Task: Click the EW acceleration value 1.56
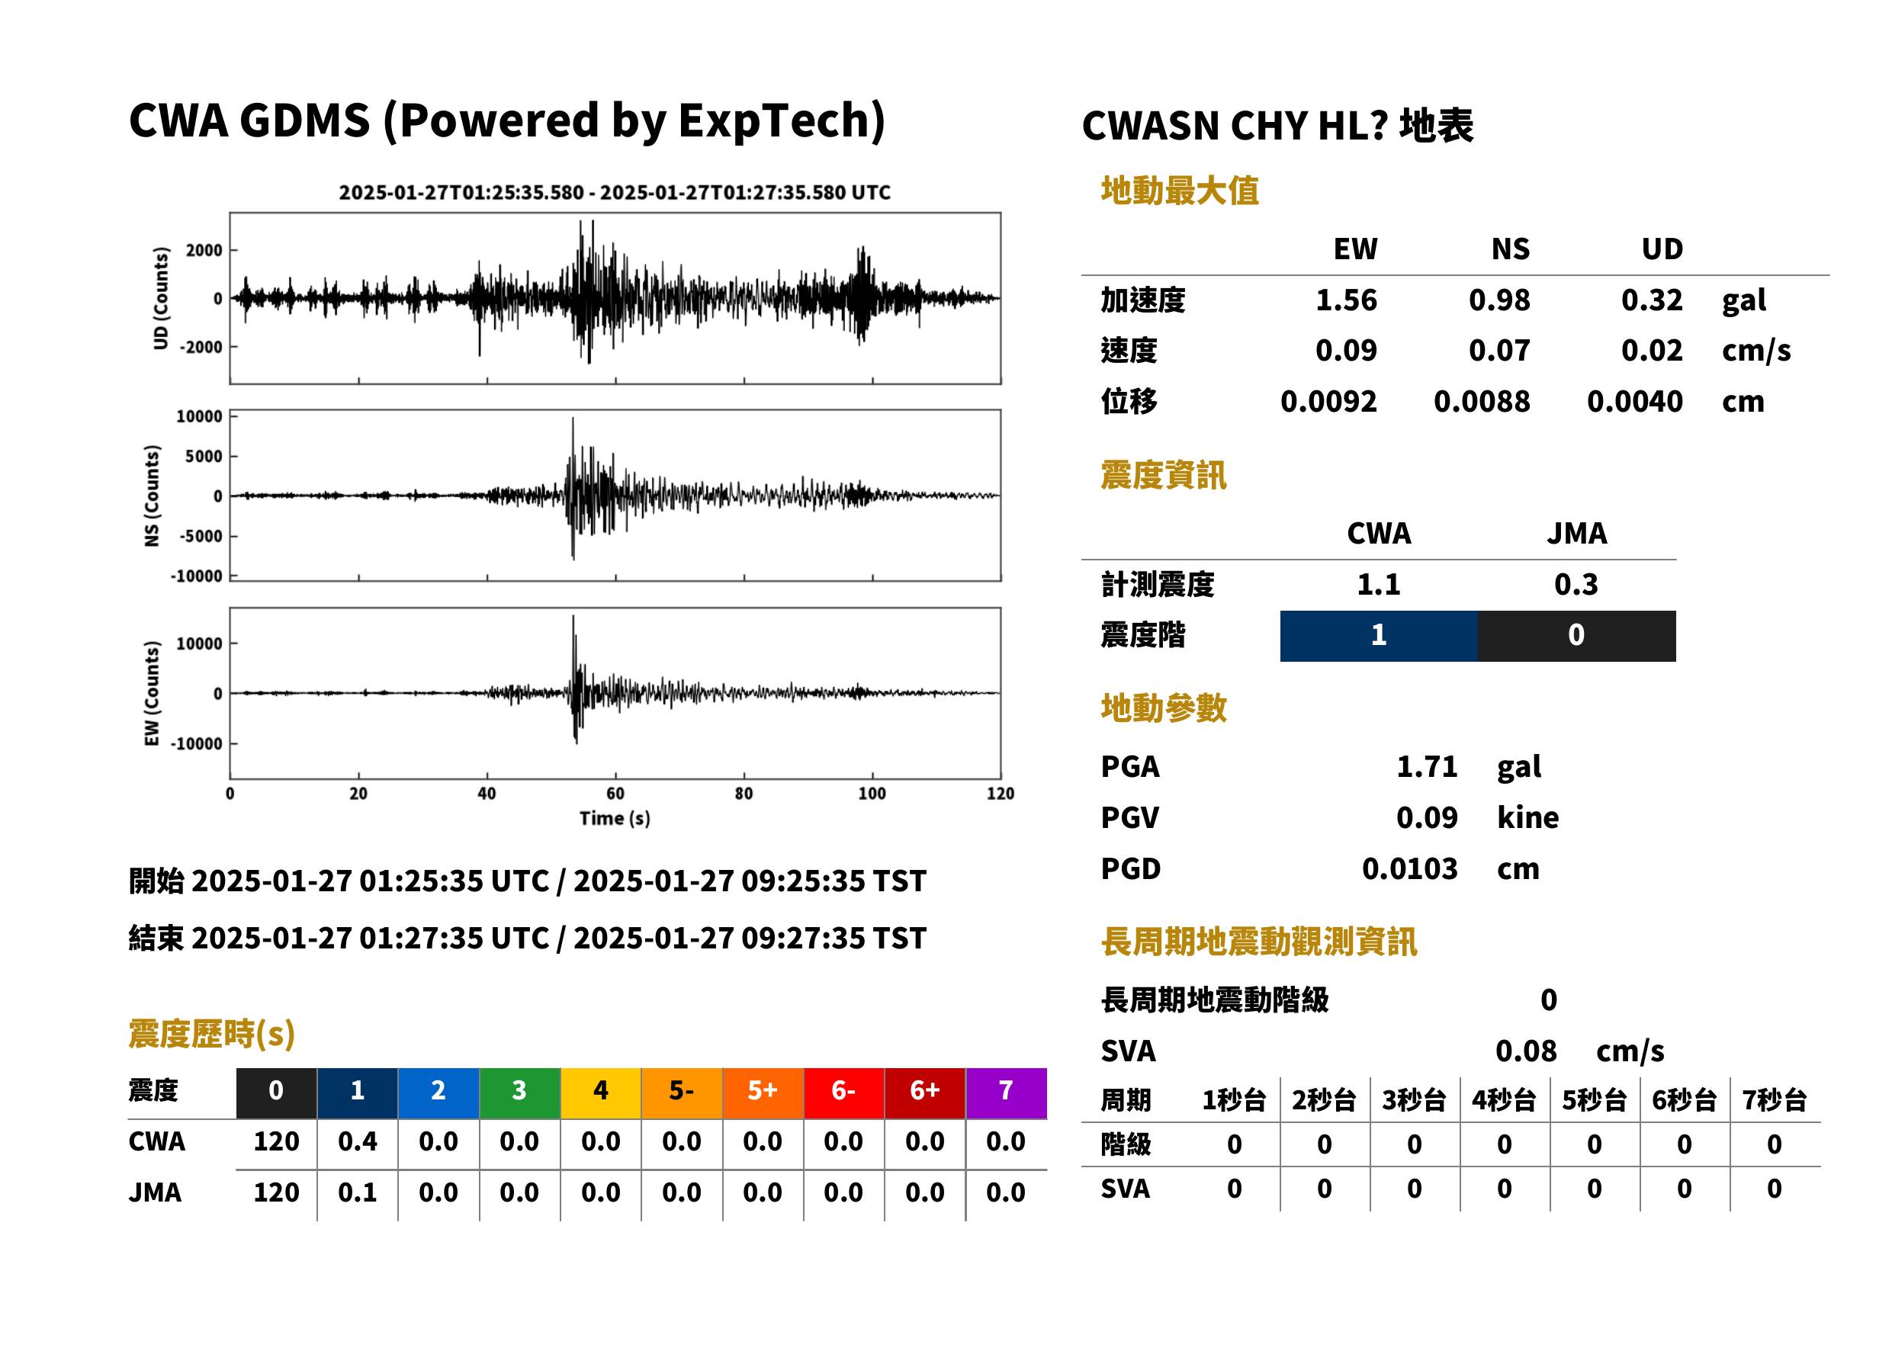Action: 1345,300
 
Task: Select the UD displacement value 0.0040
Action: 1634,401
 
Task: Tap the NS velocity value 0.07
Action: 1499,350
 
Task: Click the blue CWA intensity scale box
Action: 1379,636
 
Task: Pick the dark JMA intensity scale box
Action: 1577,636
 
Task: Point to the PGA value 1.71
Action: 1427,766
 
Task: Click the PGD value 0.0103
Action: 1409,868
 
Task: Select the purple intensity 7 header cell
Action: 1006,1093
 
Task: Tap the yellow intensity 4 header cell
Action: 601,1093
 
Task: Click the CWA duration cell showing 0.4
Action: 358,1141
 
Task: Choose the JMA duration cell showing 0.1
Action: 358,1192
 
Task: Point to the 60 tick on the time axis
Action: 615,794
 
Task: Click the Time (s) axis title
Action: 615,819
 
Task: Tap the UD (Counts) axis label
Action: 161,298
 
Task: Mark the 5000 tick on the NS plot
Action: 204,456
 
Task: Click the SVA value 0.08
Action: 1526,1051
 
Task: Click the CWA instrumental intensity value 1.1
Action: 1379,584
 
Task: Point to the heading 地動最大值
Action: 1180,191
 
